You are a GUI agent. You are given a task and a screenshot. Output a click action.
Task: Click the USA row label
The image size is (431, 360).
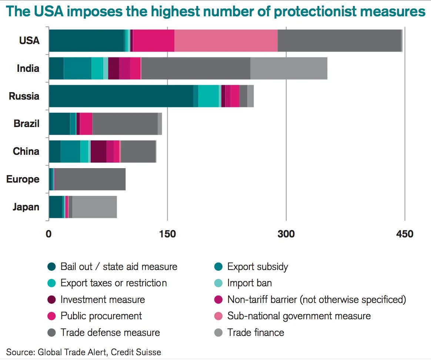(29, 40)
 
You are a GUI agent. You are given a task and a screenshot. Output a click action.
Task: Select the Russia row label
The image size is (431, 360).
(24, 96)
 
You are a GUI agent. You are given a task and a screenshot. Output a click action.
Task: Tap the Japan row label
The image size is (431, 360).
(26, 207)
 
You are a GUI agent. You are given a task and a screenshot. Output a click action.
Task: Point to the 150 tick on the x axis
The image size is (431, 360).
(167, 234)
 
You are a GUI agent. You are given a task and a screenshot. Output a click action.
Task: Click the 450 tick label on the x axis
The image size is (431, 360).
(404, 234)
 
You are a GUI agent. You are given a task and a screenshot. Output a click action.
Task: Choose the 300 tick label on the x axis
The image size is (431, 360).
(286, 234)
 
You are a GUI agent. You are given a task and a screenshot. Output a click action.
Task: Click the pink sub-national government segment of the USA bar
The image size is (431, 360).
(226, 40)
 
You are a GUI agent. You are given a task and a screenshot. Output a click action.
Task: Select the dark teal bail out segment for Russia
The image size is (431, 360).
(121, 96)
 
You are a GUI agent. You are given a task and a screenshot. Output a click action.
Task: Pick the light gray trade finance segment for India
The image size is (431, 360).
(289, 68)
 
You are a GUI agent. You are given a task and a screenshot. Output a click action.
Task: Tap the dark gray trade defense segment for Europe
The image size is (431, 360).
(90, 179)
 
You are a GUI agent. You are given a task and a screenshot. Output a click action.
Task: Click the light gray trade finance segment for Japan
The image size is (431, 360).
(94, 207)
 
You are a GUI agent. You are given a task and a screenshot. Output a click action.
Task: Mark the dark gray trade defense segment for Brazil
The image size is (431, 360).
(125, 124)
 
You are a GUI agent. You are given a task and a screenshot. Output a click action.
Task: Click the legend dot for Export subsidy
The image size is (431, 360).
(218, 267)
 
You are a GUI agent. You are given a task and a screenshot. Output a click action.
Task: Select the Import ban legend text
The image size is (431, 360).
(250, 283)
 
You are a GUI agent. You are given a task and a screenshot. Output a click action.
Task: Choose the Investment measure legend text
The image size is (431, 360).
(103, 299)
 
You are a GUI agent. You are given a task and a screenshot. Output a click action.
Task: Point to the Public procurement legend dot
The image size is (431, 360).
(52, 316)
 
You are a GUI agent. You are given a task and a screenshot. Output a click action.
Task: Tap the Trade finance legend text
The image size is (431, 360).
(255, 332)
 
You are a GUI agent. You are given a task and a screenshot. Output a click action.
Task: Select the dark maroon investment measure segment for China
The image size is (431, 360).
(98, 151)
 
